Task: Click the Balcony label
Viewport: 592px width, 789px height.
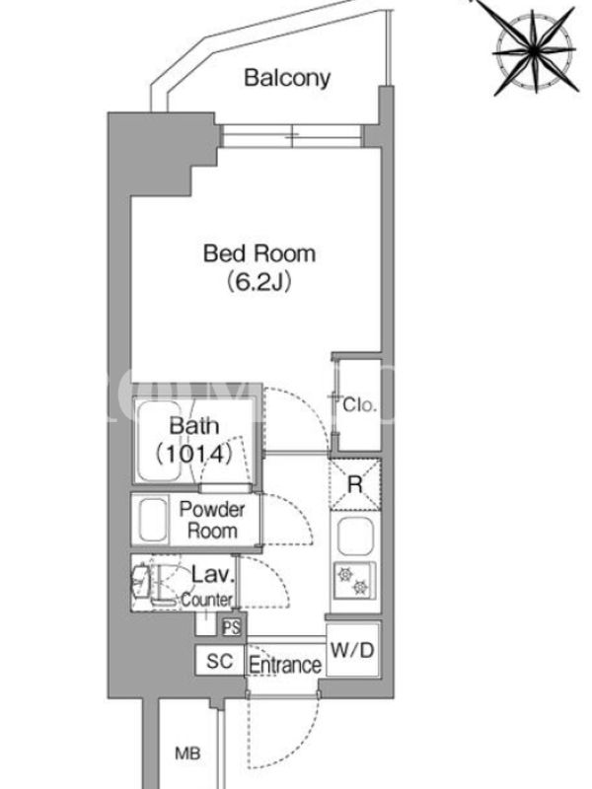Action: coord(287,78)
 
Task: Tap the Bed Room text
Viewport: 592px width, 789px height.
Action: coord(259,253)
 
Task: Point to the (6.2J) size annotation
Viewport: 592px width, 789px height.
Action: coord(259,282)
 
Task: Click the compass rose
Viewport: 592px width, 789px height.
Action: coord(534,50)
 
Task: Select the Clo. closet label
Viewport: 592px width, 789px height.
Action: coord(359,404)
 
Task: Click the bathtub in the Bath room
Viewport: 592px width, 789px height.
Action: coord(160,441)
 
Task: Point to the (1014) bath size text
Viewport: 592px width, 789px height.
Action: coord(193,454)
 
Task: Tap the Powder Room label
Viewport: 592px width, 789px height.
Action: coord(212,521)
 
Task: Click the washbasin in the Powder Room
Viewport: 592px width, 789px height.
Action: coord(152,520)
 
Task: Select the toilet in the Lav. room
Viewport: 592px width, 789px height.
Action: coord(149,584)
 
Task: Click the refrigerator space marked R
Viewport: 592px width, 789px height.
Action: coord(355,484)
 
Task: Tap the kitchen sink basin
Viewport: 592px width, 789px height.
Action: coord(355,537)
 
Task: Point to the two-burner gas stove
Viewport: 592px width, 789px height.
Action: coord(354,580)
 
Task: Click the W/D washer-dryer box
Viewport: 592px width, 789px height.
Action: coord(353,650)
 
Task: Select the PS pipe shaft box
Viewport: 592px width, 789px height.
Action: coord(232,627)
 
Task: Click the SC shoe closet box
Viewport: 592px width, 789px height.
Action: coord(220,661)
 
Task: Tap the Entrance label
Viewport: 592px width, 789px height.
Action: coord(285,665)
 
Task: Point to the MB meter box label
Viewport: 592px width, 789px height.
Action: coord(187,753)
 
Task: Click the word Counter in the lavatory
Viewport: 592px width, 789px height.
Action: coord(207,600)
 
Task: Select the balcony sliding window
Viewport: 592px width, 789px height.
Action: coord(292,136)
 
